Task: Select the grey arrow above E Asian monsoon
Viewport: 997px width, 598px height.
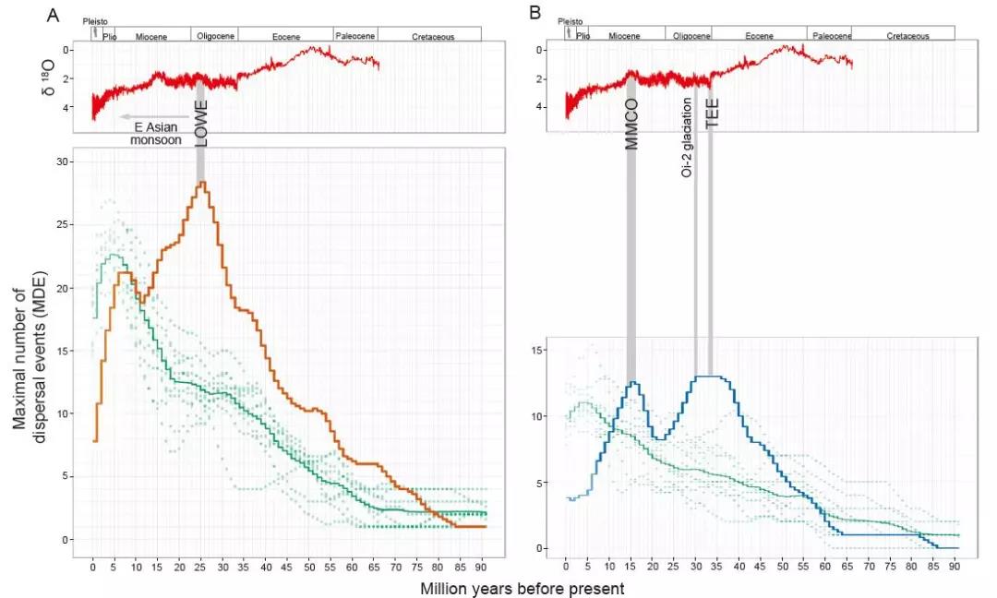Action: (x=153, y=116)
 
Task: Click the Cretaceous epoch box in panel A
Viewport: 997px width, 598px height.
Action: (x=429, y=35)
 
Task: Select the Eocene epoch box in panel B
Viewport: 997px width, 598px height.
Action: (x=759, y=35)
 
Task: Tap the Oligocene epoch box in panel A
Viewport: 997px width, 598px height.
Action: (x=214, y=35)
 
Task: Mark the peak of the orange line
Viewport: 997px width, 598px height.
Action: (x=201, y=182)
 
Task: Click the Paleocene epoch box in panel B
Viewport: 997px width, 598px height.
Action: (x=829, y=35)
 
